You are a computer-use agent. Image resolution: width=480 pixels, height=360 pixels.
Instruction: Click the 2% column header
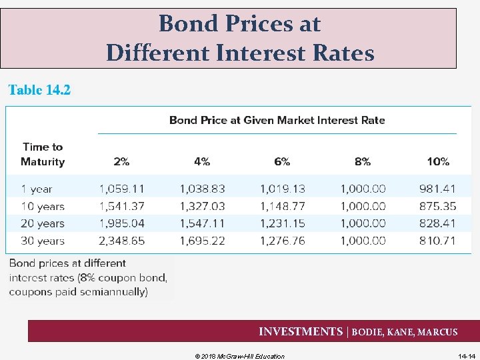[x=121, y=161]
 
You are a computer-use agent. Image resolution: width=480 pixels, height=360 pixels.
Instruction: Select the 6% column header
[x=282, y=161]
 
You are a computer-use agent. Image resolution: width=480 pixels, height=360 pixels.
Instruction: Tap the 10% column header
[x=438, y=161]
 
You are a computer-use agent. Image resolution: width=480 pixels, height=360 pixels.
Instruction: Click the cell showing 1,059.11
[x=121, y=189]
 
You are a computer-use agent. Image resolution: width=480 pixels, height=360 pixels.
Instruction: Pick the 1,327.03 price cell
[x=202, y=206]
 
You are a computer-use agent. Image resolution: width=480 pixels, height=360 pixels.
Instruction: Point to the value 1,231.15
[x=282, y=223]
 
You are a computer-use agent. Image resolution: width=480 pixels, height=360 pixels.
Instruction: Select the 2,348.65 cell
[x=121, y=241]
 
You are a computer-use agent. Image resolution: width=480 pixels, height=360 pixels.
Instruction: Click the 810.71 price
[x=437, y=241]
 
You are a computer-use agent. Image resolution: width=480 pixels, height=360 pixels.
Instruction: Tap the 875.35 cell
[x=437, y=206]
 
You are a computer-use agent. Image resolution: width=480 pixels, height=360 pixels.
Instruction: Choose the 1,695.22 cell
[x=202, y=241]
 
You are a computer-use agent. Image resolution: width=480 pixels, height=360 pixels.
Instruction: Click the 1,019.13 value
[x=282, y=189]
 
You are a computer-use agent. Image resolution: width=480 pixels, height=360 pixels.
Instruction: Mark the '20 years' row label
[x=42, y=223]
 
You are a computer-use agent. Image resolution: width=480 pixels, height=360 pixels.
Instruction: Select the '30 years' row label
[x=42, y=241]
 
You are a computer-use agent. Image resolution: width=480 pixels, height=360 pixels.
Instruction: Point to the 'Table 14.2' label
[x=39, y=90]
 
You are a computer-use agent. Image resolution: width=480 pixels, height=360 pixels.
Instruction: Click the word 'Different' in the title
[x=157, y=52]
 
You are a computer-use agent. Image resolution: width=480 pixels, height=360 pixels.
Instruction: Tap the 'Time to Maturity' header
[x=43, y=154]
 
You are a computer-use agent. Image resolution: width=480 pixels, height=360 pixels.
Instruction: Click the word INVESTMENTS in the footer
[x=300, y=332]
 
